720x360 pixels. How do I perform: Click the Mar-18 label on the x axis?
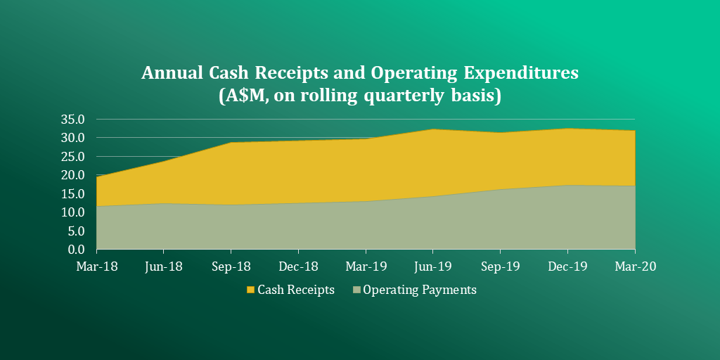96,266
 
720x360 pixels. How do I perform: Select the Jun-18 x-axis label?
164,266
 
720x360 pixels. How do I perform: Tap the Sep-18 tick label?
231,266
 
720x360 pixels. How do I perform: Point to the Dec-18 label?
298,266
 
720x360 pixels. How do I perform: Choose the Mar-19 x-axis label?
366,266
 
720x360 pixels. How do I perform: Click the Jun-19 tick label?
433,266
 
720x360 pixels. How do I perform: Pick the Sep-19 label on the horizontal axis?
500,266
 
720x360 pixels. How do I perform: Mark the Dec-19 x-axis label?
567,266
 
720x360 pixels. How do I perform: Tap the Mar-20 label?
635,266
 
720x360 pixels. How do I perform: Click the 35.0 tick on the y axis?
73,120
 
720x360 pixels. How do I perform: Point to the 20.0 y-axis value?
73,175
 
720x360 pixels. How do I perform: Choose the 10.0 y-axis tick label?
73,212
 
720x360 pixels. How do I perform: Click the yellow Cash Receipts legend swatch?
250,290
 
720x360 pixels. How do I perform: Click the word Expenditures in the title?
518,73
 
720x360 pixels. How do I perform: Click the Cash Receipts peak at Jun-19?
433,129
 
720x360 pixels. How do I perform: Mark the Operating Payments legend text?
420,290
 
